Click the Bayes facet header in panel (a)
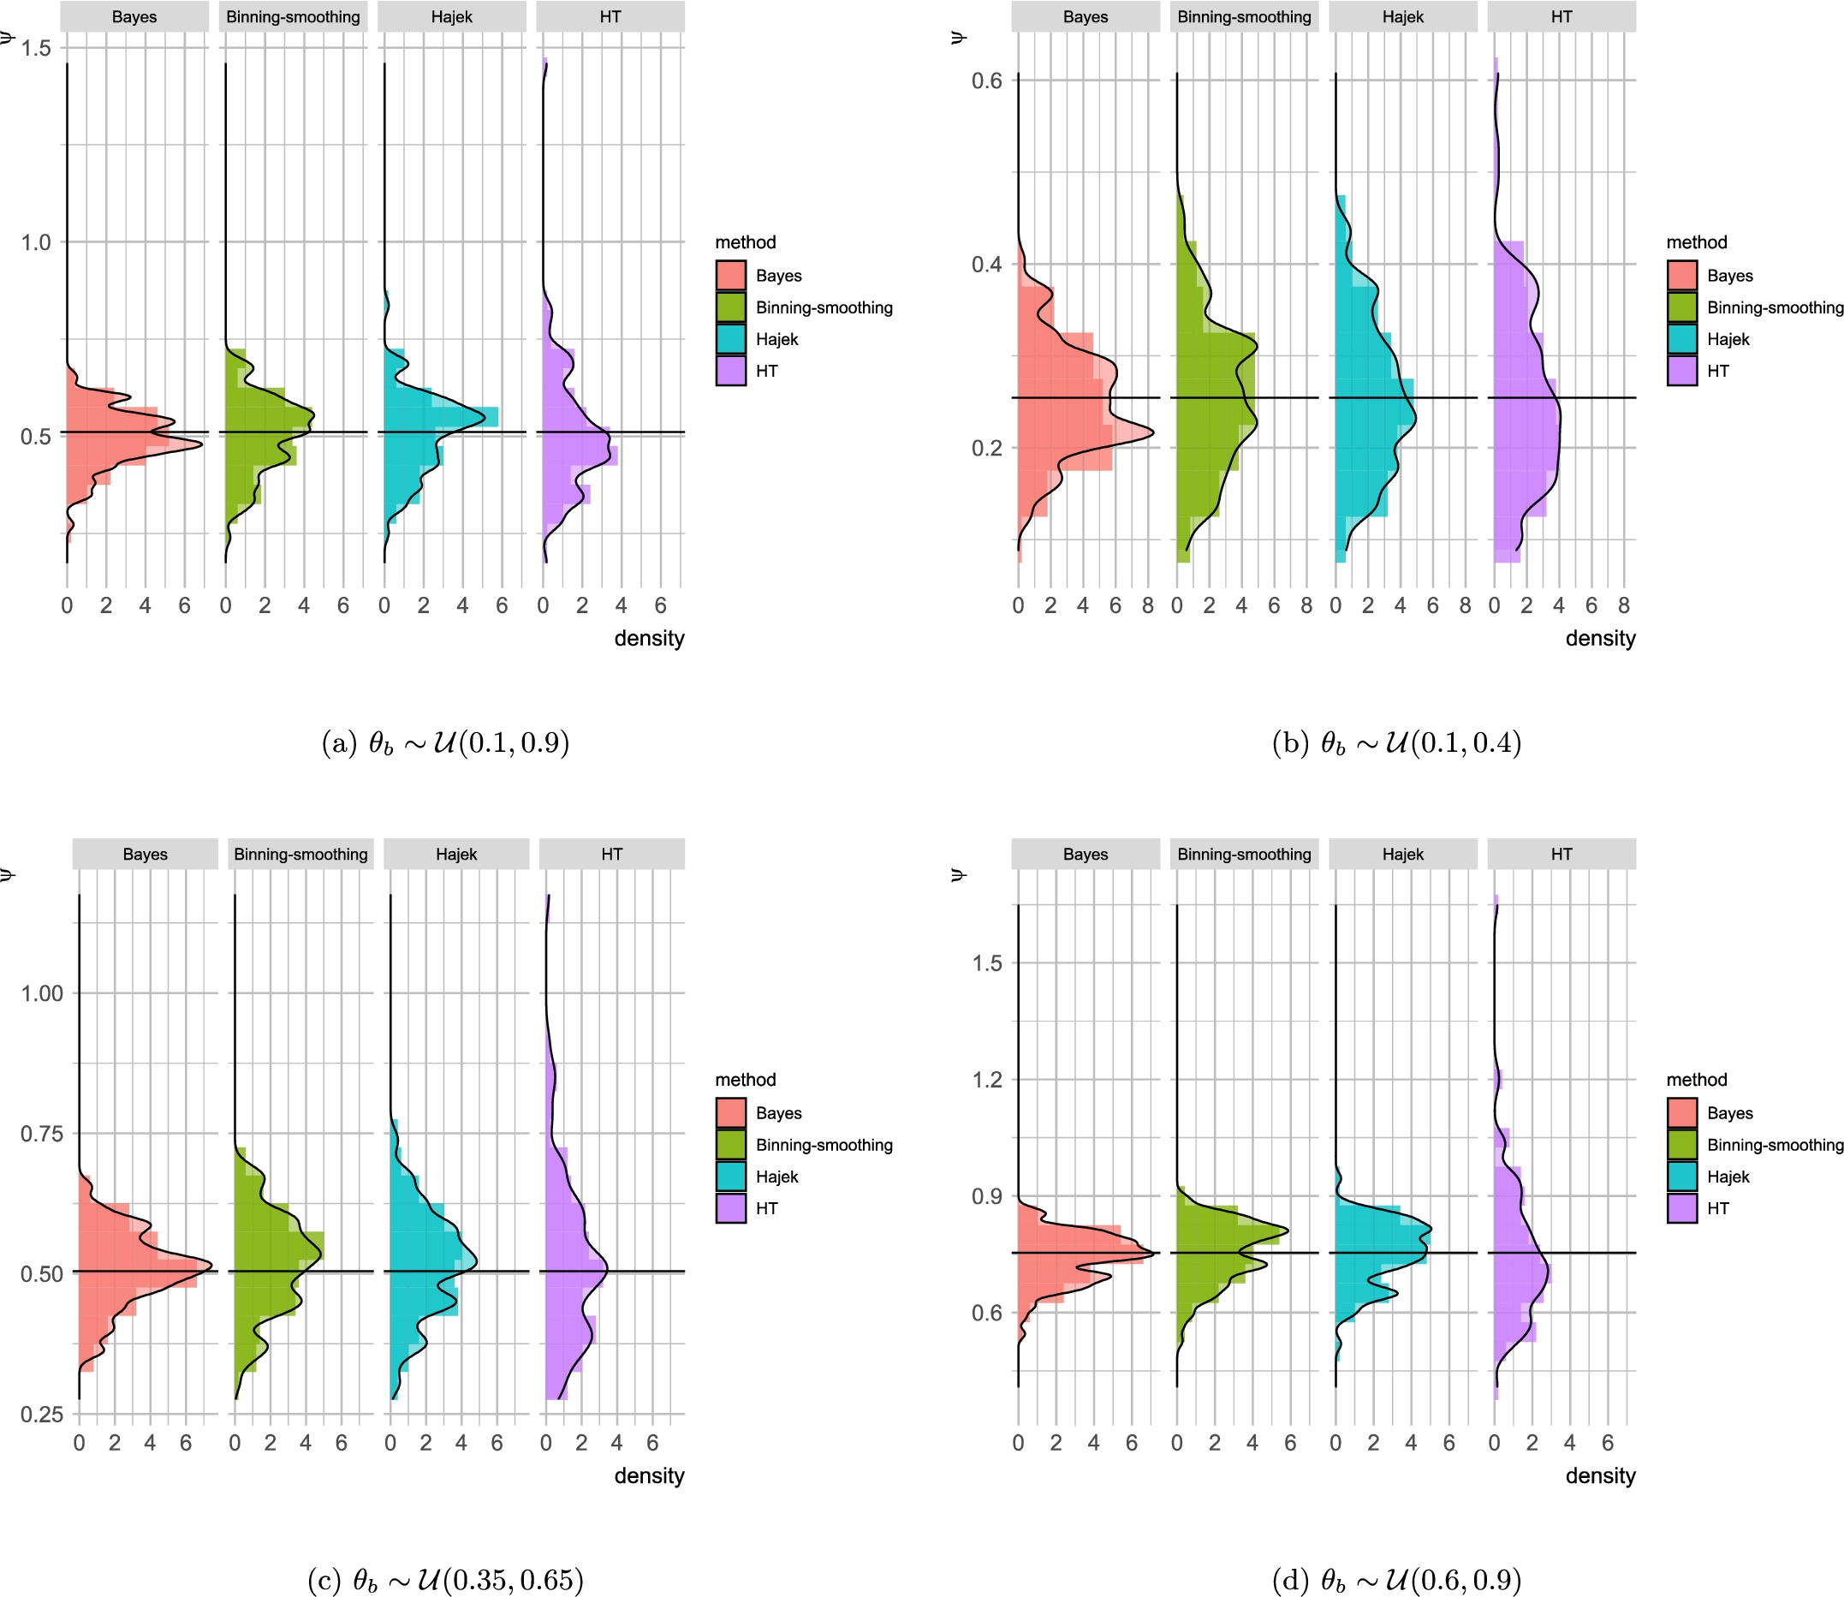[x=134, y=17]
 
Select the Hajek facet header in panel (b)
[x=1402, y=17]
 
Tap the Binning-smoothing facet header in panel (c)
[x=300, y=854]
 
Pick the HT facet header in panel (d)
[x=1561, y=854]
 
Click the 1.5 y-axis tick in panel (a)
[x=36, y=48]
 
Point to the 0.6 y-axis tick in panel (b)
[x=986, y=81]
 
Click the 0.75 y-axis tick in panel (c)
[x=42, y=1134]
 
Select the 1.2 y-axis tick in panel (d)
[x=986, y=1079]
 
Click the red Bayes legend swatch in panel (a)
[x=730, y=276]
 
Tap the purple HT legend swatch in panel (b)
[x=1682, y=371]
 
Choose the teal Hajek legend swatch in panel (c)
[x=730, y=1177]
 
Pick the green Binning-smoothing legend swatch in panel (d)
[x=1682, y=1144]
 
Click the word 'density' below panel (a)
[x=649, y=638]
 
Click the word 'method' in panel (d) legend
[x=1696, y=1079]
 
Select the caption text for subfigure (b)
[x=1396, y=742]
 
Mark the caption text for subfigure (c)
[x=445, y=1580]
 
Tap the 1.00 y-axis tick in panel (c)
[x=42, y=993]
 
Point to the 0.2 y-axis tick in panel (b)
[x=986, y=448]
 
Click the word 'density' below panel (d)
[x=1600, y=1475]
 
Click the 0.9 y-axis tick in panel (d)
[x=986, y=1196]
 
